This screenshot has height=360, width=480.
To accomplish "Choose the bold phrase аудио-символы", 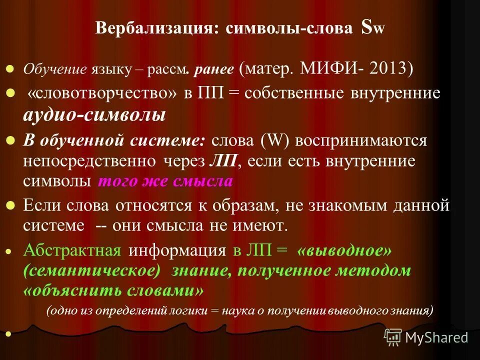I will (x=94, y=115).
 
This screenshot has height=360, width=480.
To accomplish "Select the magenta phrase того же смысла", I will (x=165, y=181).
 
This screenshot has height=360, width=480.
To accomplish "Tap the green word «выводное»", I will (x=344, y=250).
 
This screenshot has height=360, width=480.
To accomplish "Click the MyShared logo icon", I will (x=392, y=337).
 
